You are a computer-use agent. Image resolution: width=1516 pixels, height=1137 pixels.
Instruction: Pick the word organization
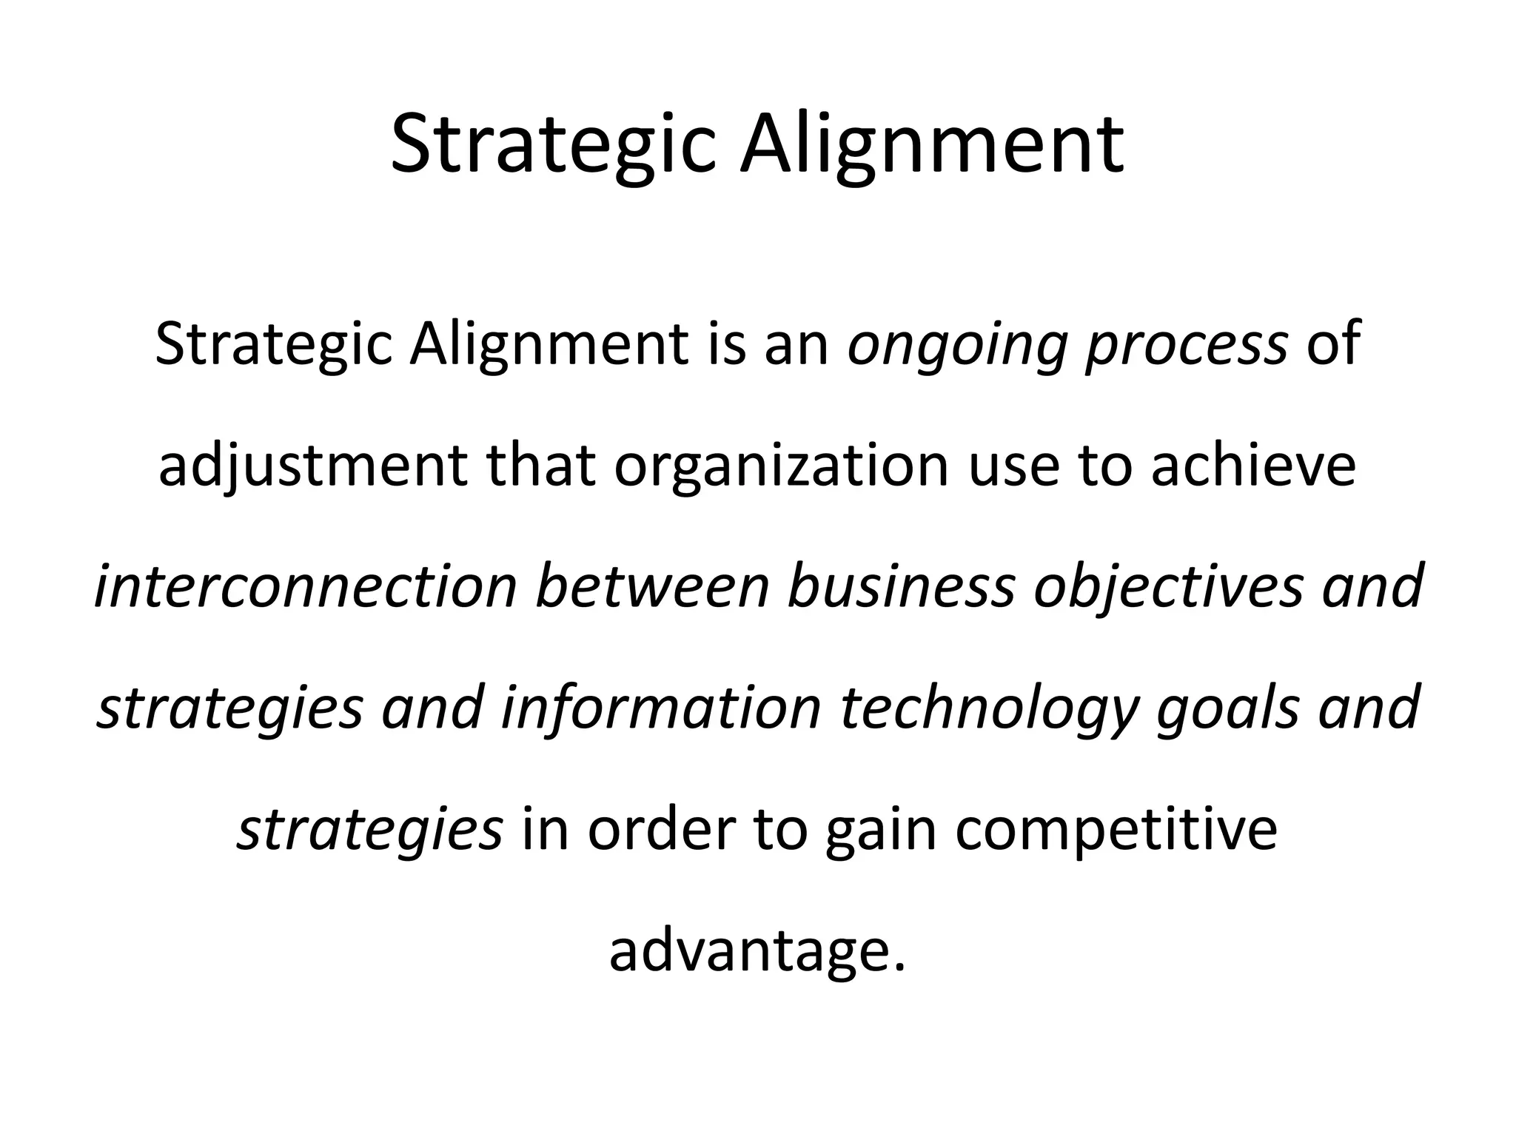pyautogui.click(x=780, y=466)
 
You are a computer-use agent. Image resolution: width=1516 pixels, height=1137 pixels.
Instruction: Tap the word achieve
pyautogui.click(x=1254, y=466)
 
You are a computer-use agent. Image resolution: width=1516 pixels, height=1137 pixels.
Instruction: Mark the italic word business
pyautogui.click(x=900, y=586)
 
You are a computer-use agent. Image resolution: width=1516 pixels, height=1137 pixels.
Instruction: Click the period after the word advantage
pyautogui.click(x=899, y=967)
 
